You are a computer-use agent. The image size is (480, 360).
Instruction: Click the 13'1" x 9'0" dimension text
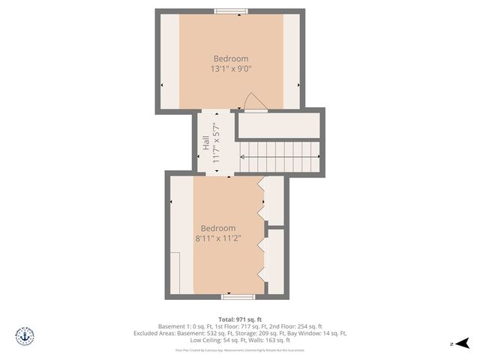[x=230, y=69]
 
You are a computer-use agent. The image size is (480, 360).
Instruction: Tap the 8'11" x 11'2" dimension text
[x=218, y=238]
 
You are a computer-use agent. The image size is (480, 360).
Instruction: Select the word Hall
[x=205, y=142]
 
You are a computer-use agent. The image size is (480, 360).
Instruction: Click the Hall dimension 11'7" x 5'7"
[x=216, y=142]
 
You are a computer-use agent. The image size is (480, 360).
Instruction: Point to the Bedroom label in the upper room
[x=230, y=58]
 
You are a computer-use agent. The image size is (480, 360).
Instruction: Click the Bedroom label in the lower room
[x=218, y=228]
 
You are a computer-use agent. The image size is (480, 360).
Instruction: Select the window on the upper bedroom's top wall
[x=231, y=11]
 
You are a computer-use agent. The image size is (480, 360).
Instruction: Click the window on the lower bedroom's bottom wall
[x=233, y=297]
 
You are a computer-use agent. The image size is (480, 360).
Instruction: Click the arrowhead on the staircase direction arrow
[x=242, y=157]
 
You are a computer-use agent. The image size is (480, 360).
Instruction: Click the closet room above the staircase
[x=279, y=125]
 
